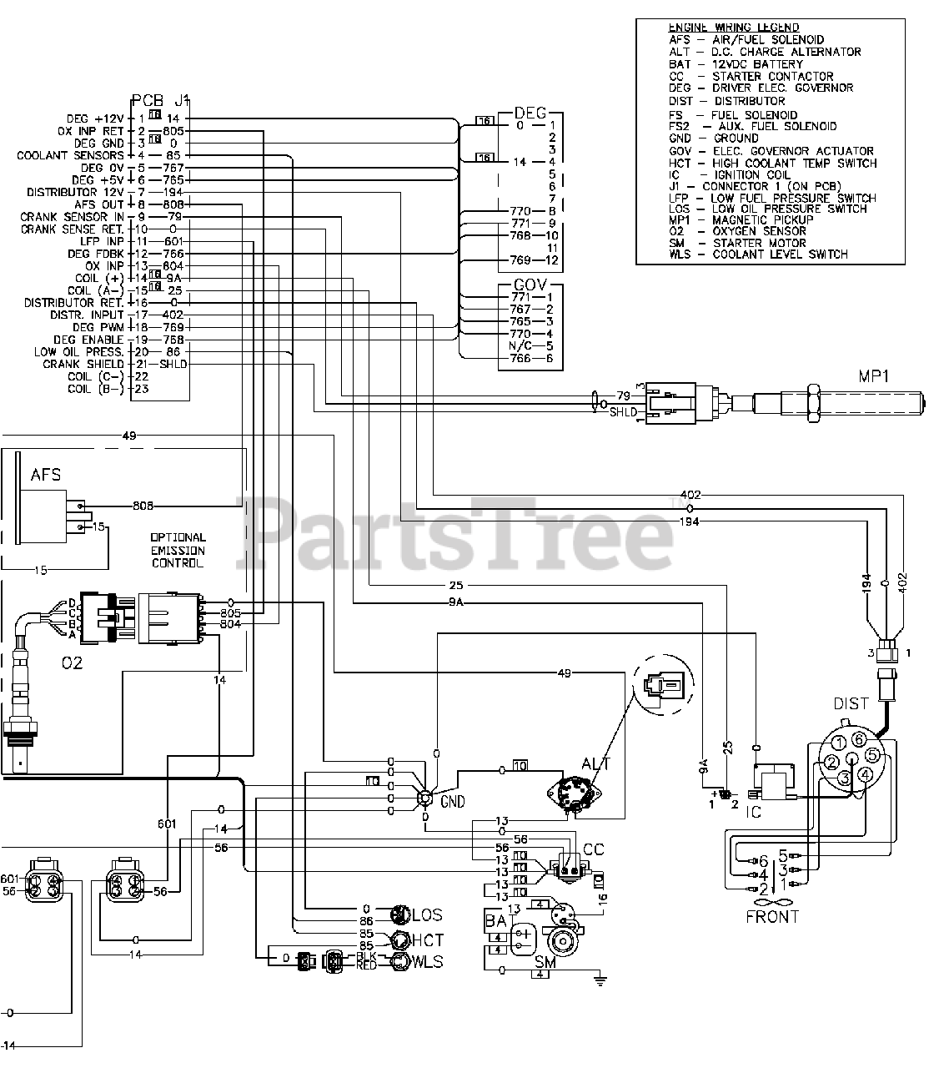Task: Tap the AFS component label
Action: click(x=46, y=475)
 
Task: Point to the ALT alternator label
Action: click(x=596, y=763)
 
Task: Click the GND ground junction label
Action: click(x=453, y=802)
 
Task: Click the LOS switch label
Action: click(x=427, y=915)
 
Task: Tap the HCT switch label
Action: click(x=428, y=940)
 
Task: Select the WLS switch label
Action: click(x=427, y=962)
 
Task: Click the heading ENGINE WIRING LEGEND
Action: click(x=734, y=28)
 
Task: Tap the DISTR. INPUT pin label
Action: click(x=88, y=315)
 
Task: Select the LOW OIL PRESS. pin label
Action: click(x=79, y=351)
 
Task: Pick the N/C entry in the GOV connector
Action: click(x=520, y=345)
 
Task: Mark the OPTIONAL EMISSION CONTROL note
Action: click(x=178, y=550)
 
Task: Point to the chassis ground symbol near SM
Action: click(x=598, y=980)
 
